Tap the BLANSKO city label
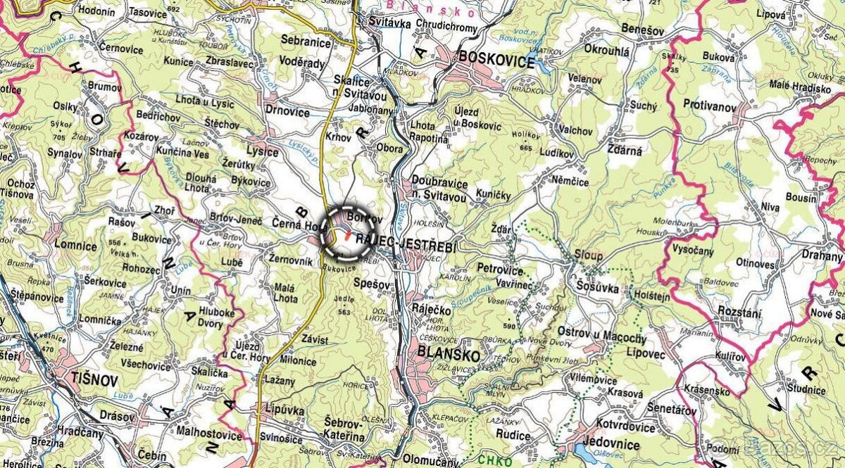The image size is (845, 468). pos(449,354)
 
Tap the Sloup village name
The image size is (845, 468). pos(588,255)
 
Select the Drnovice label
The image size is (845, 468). pos(287,110)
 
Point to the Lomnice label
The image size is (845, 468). pos(75,246)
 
